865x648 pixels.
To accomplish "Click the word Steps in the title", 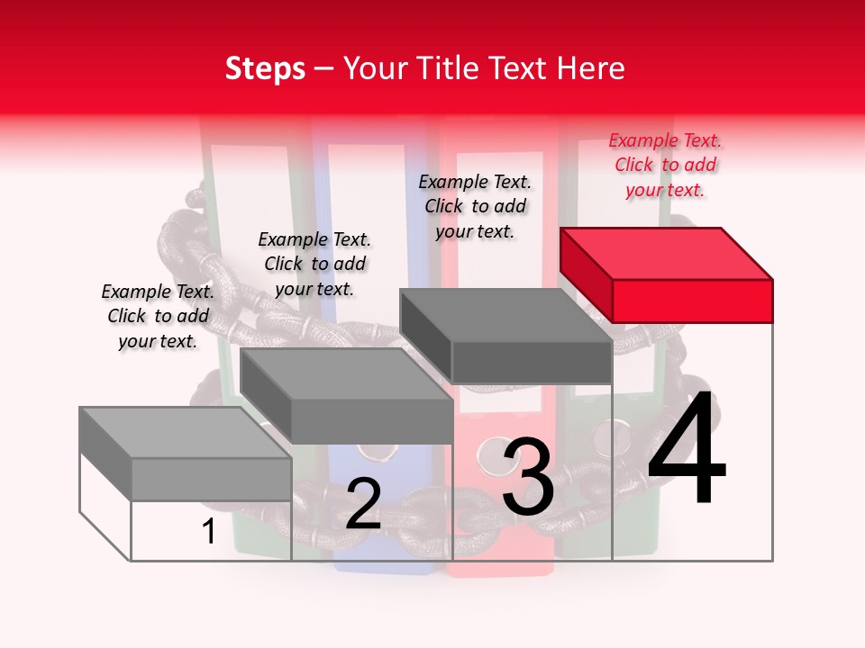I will tap(265, 68).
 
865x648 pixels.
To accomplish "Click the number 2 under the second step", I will tap(363, 504).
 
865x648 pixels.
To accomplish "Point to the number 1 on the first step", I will tap(208, 531).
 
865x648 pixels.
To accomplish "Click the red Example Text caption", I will tap(665, 165).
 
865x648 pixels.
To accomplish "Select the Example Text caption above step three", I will tap(475, 206).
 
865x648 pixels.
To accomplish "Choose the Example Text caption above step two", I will tap(314, 264).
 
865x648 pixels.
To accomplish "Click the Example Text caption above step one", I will tap(158, 316).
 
